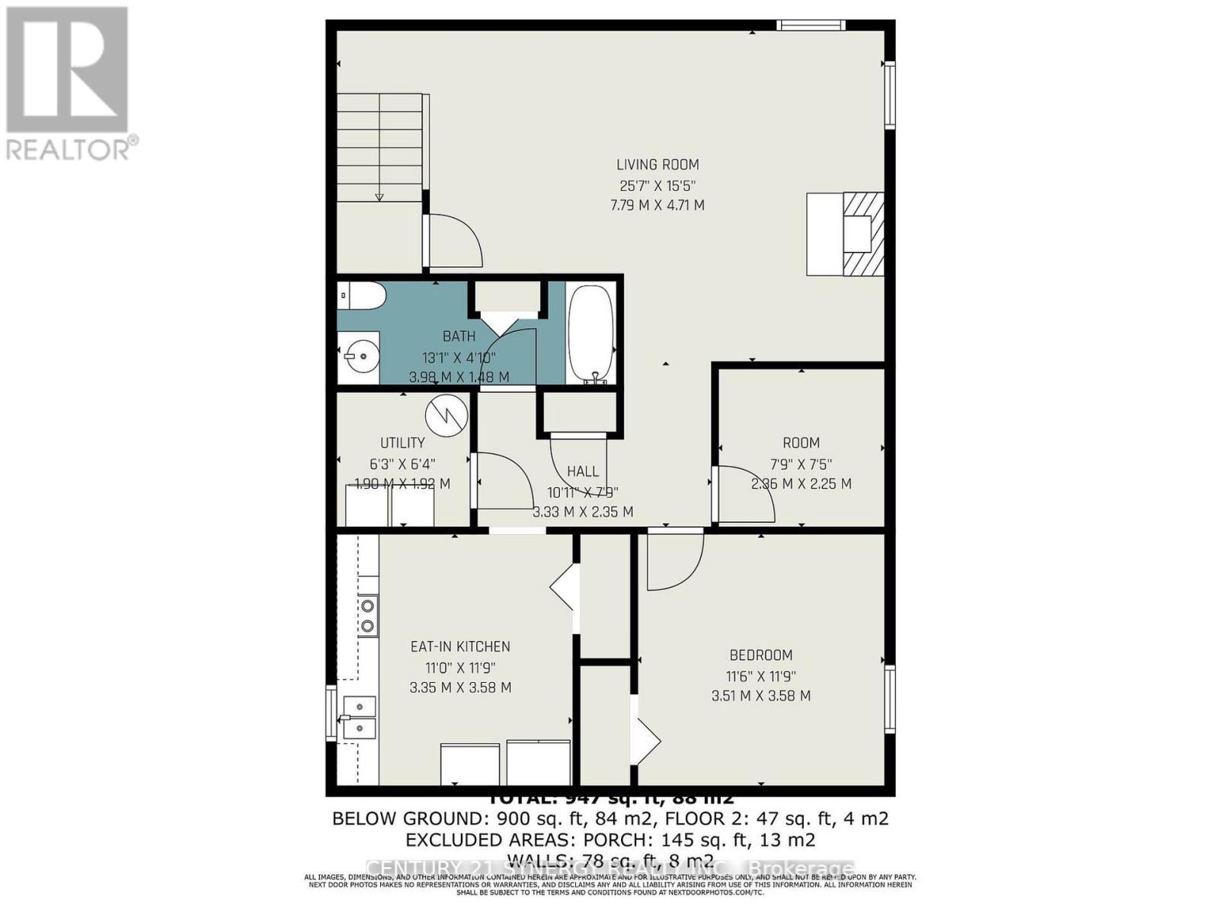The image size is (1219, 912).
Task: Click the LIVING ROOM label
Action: coord(657,164)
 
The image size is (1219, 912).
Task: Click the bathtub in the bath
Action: coord(592,333)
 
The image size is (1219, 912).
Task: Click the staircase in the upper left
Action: coord(379,148)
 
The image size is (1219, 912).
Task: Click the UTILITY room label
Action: coord(402,443)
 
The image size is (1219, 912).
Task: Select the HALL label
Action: coord(582,472)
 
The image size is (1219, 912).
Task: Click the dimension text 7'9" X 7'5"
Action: coord(801,464)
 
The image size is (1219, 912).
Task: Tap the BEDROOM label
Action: coord(760,655)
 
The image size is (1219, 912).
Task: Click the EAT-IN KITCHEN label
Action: coord(460,647)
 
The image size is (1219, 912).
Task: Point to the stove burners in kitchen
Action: coord(368,616)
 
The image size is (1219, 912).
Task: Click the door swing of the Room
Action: coord(745,495)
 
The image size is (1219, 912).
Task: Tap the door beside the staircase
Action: coord(455,241)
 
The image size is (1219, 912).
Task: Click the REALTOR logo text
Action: coord(72,148)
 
